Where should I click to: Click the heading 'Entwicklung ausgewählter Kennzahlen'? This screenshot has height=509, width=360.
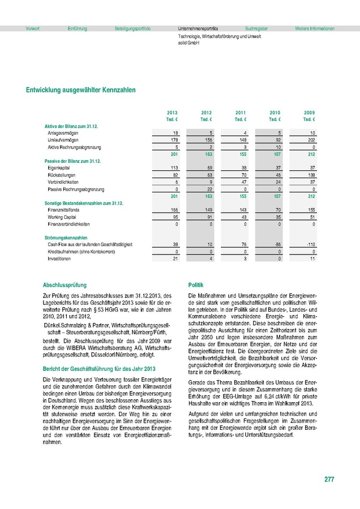pos(80,89)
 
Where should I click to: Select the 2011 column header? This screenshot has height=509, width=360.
pos(241,113)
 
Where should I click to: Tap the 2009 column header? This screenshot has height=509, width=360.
pos(309,113)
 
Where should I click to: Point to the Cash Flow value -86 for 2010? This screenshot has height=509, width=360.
pos(276,244)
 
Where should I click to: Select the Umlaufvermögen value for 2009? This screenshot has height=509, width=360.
pos(311,140)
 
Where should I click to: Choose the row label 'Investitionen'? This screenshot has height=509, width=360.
pos(59,258)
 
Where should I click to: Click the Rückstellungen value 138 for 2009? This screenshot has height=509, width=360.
pos(310,175)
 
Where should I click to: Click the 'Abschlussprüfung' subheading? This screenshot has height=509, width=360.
pos(65,285)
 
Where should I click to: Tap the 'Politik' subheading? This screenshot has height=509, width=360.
pos(195,285)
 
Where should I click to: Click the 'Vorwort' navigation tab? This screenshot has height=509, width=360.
pos(33,28)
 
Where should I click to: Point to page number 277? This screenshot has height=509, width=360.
pos(329,480)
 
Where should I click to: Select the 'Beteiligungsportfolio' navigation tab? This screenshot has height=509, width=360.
pos(132,28)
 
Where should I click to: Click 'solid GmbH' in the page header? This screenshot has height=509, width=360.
pos(188,42)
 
